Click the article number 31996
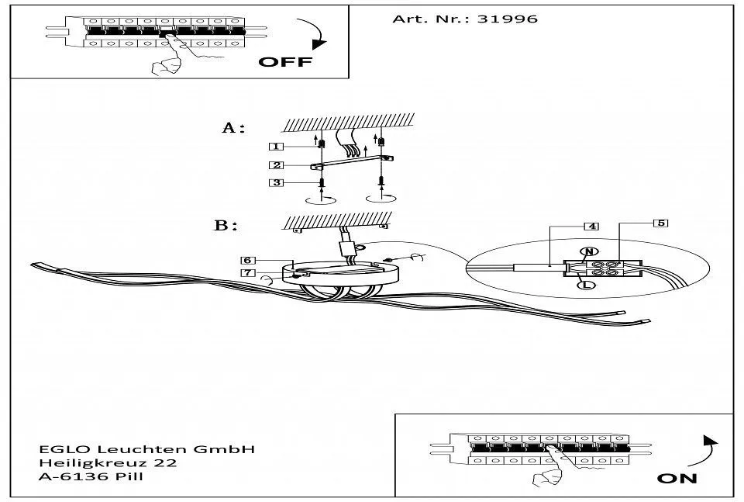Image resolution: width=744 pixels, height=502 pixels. pos(508,19)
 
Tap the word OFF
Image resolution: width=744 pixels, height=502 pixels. pos(284,62)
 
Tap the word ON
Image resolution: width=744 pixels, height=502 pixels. pos(677,478)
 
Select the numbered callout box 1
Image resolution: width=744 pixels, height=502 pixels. pos(276,147)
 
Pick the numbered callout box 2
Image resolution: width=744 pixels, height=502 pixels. pos(276,164)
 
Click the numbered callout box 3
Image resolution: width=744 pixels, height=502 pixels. pos(276,182)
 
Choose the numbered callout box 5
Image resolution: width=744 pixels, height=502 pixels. pos(660,223)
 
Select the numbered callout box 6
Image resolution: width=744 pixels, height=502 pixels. pos(247,260)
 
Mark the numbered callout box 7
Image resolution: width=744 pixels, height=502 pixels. pos(247,273)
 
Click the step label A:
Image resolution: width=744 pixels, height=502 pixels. pos(233,128)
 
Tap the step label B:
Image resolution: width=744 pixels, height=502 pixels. pos(225,226)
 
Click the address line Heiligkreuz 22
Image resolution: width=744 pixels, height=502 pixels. pos(108,463)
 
